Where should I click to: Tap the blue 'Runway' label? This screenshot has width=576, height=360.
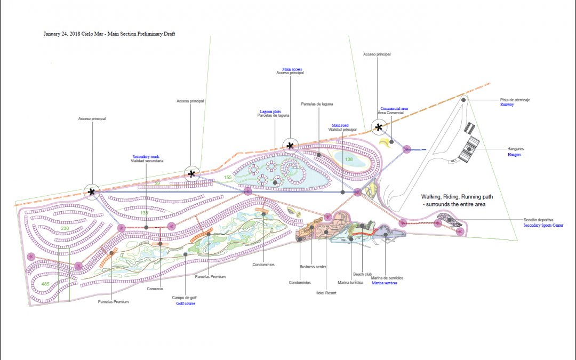tap(507, 105)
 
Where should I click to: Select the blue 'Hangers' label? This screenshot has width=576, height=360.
tap(515, 155)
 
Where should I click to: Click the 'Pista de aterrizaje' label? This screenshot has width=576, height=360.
tap(515, 100)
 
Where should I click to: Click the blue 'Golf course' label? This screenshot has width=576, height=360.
tap(186, 303)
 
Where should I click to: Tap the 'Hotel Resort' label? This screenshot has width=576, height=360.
tap(326, 293)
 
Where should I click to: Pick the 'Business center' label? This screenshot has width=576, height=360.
tap(313, 267)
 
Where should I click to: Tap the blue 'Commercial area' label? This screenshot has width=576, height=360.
tap(394, 108)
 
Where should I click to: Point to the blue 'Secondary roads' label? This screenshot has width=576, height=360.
tap(146, 157)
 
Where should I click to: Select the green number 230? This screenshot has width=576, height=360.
tap(65, 228)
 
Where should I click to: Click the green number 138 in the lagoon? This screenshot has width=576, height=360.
tap(349, 159)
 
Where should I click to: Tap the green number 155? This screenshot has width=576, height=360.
tap(228, 177)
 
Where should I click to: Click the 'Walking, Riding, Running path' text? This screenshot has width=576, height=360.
tap(457, 197)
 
